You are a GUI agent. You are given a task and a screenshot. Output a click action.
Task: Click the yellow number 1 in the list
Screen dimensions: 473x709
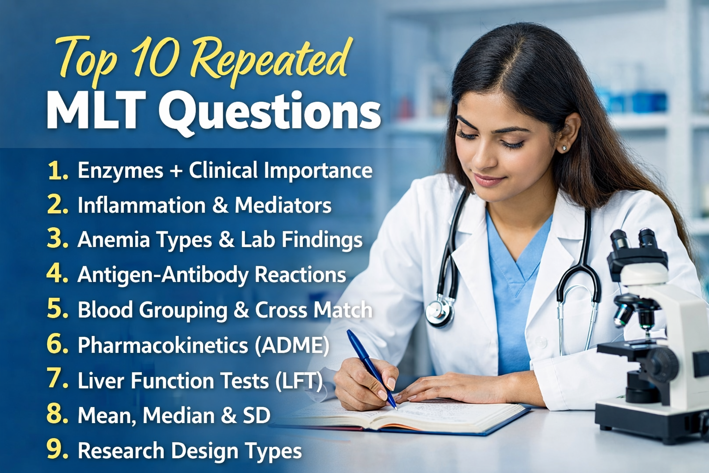(x=57, y=170)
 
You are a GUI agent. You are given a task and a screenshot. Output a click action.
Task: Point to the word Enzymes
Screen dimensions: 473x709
(x=120, y=170)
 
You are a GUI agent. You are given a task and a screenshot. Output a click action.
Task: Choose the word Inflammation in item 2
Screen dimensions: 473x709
(x=141, y=206)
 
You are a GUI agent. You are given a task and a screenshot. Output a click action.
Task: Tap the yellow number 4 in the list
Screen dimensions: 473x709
(x=57, y=274)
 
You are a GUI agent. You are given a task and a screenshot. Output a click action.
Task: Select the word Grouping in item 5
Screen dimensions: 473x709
(x=183, y=310)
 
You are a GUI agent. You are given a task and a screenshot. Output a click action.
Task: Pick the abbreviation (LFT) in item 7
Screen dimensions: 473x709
(x=299, y=381)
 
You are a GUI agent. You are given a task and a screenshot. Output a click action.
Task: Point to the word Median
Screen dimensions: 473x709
(x=178, y=416)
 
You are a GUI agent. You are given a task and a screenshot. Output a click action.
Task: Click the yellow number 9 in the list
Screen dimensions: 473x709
(x=57, y=450)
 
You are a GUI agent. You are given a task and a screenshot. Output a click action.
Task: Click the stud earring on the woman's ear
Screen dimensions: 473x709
(x=564, y=148)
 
